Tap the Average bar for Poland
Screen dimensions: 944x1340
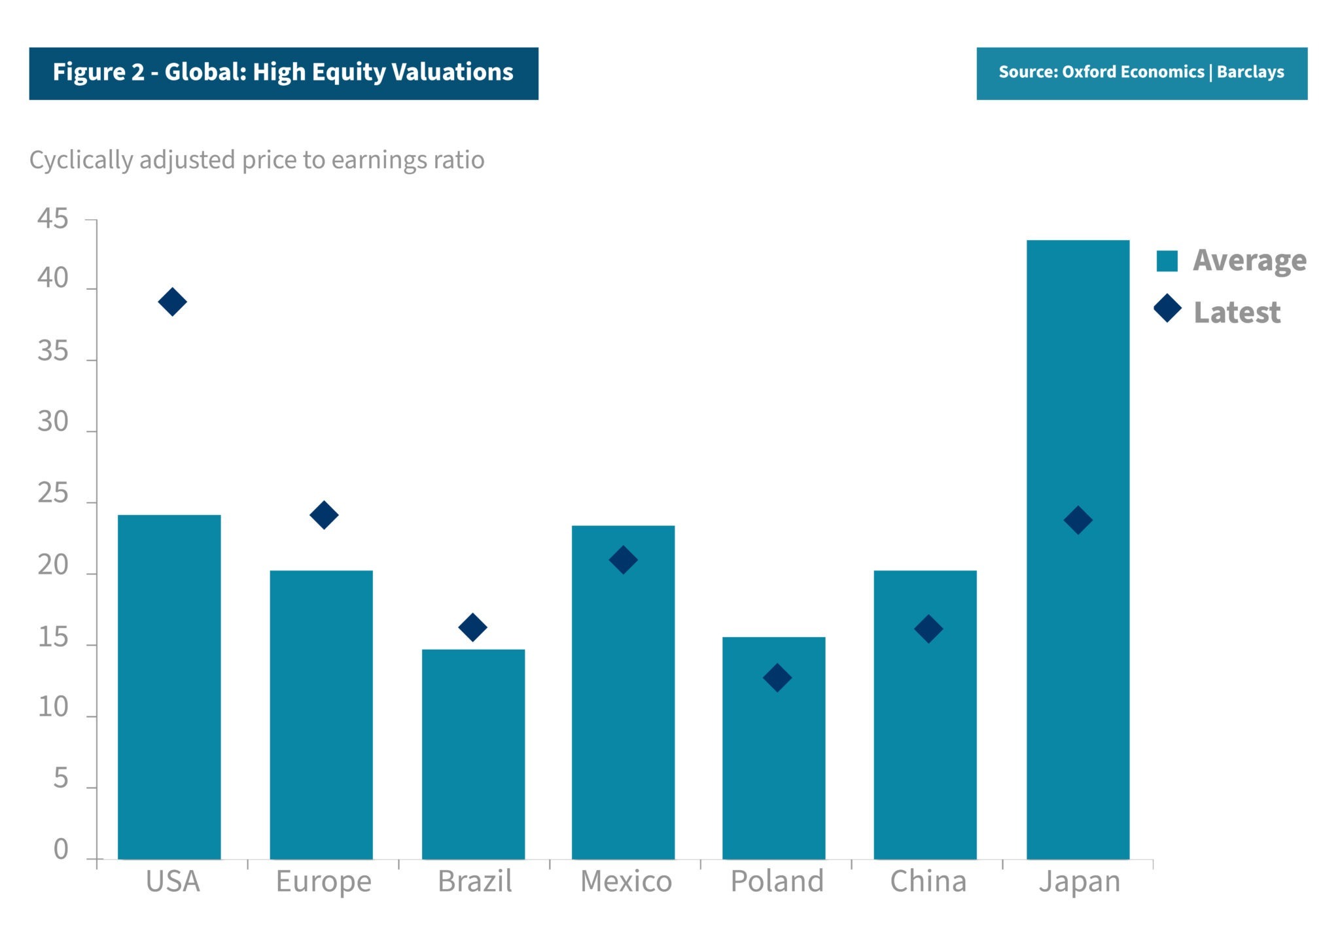(773, 772)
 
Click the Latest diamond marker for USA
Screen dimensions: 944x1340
(172, 302)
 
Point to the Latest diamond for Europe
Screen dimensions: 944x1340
(324, 515)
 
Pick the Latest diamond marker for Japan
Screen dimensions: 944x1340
(1078, 520)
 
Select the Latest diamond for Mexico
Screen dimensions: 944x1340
(623, 560)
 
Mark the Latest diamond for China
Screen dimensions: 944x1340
(928, 629)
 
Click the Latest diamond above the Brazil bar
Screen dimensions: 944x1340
(472, 627)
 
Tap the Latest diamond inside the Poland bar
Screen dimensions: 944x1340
(777, 678)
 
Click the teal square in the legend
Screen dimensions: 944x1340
(1167, 260)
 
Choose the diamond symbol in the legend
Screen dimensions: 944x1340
(1167, 309)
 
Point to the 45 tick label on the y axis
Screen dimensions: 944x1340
(52, 219)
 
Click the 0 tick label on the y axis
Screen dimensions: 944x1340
(61, 849)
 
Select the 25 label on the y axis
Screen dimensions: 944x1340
(52, 494)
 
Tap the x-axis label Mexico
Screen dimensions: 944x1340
(626, 882)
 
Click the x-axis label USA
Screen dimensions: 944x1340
(173, 882)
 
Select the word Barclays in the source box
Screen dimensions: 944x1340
(1250, 72)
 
